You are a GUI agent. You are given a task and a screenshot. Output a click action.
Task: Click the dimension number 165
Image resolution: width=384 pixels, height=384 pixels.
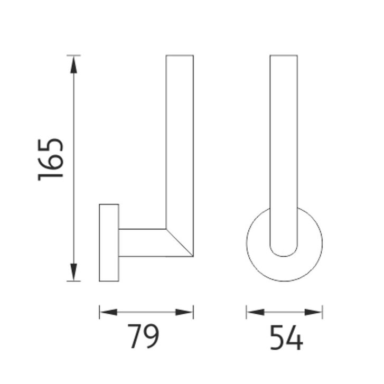[x=51, y=160]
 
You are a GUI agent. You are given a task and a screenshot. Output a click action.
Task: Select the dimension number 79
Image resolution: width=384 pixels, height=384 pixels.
[x=144, y=336]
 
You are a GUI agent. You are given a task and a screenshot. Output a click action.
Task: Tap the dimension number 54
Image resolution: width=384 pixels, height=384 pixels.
[x=286, y=338]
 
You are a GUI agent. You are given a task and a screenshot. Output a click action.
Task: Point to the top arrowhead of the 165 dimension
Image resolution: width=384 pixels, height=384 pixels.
[x=73, y=64]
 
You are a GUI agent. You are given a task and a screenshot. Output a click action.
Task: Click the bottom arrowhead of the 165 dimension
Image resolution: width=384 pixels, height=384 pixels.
[x=73, y=272]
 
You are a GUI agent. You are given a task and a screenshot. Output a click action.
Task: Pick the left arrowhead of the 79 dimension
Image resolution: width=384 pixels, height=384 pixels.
[x=108, y=312]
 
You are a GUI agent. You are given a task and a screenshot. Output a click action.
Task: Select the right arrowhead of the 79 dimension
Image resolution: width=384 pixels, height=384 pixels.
[x=184, y=312]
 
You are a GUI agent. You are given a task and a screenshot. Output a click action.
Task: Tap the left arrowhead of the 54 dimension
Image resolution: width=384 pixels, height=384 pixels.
[x=256, y=312]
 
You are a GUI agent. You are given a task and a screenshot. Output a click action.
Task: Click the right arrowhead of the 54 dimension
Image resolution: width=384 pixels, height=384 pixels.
[x=313, y=312]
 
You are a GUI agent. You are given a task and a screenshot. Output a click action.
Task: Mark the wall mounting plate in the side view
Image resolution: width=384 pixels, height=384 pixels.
[x=109, y=242]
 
